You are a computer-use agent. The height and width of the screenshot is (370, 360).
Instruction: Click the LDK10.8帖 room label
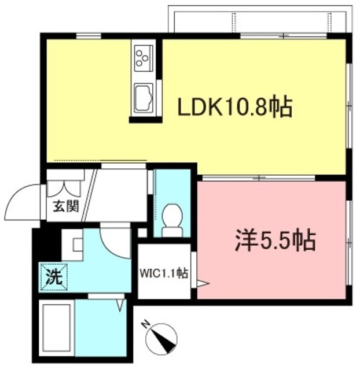234,108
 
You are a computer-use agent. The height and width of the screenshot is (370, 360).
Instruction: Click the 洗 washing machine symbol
54,276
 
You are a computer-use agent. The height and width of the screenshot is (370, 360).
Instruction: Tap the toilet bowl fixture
171,218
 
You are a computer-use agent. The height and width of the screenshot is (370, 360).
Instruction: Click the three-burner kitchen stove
142,57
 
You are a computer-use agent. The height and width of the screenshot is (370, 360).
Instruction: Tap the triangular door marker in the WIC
200,284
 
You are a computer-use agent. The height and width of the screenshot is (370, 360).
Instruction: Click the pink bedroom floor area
272,272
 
